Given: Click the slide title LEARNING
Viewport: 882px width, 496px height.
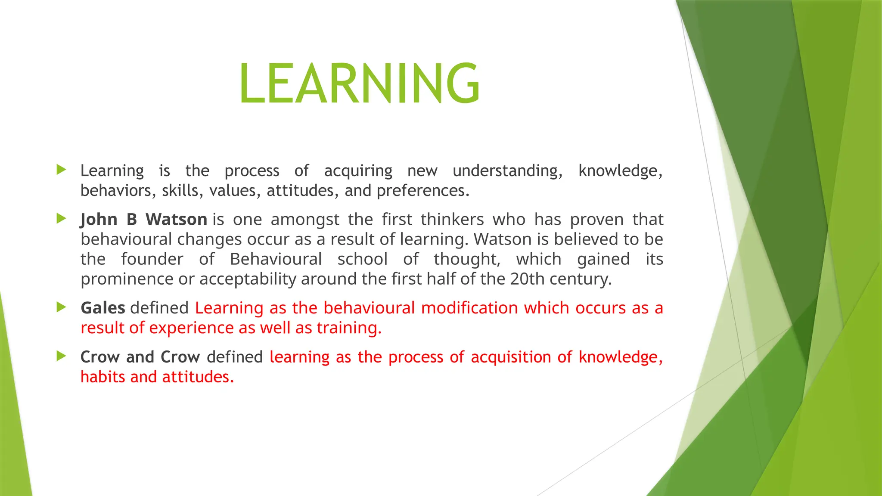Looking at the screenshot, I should (360, 83).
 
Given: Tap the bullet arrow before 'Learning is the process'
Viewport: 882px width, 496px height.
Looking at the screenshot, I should (61, 170).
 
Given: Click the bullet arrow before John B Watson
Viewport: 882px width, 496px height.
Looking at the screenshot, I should (61, 219).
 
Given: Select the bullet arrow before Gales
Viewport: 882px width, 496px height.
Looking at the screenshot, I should (61, 307).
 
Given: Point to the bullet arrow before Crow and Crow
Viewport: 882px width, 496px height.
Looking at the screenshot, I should (61, 356).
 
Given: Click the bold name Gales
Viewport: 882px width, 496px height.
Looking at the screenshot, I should (102, 308).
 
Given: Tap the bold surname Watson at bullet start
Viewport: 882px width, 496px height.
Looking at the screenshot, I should (176, 220).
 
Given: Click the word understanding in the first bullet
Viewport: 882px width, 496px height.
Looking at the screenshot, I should (507, 171).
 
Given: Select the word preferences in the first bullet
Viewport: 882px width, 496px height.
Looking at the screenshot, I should (422, 191).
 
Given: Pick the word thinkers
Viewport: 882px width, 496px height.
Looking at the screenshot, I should (452, 220).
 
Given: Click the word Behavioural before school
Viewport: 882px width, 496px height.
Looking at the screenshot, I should (276, 259).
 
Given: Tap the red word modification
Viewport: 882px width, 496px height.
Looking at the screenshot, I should (469, 308).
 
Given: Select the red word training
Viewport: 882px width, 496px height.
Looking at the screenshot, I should (349, 328).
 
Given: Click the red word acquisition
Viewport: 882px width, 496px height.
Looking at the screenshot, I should (510, 357).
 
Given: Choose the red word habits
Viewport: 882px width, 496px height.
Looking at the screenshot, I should (102, 377).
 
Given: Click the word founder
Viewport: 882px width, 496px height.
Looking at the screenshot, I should (152, 259).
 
